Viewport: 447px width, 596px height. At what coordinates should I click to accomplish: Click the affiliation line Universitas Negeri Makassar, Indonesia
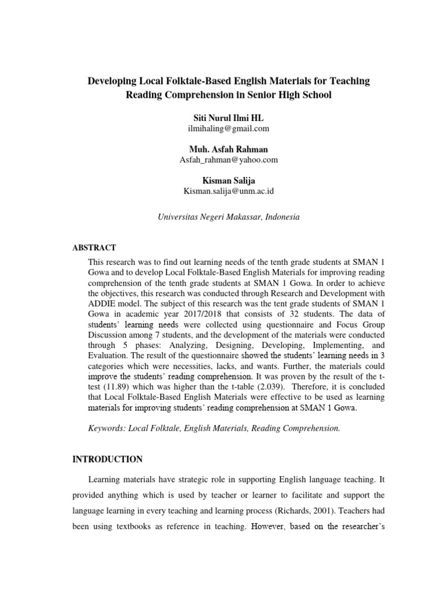coord(229,217)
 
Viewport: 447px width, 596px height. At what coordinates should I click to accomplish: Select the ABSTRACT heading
coord(94,247)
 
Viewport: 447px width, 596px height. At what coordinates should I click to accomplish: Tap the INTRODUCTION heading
coord(107,460)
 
